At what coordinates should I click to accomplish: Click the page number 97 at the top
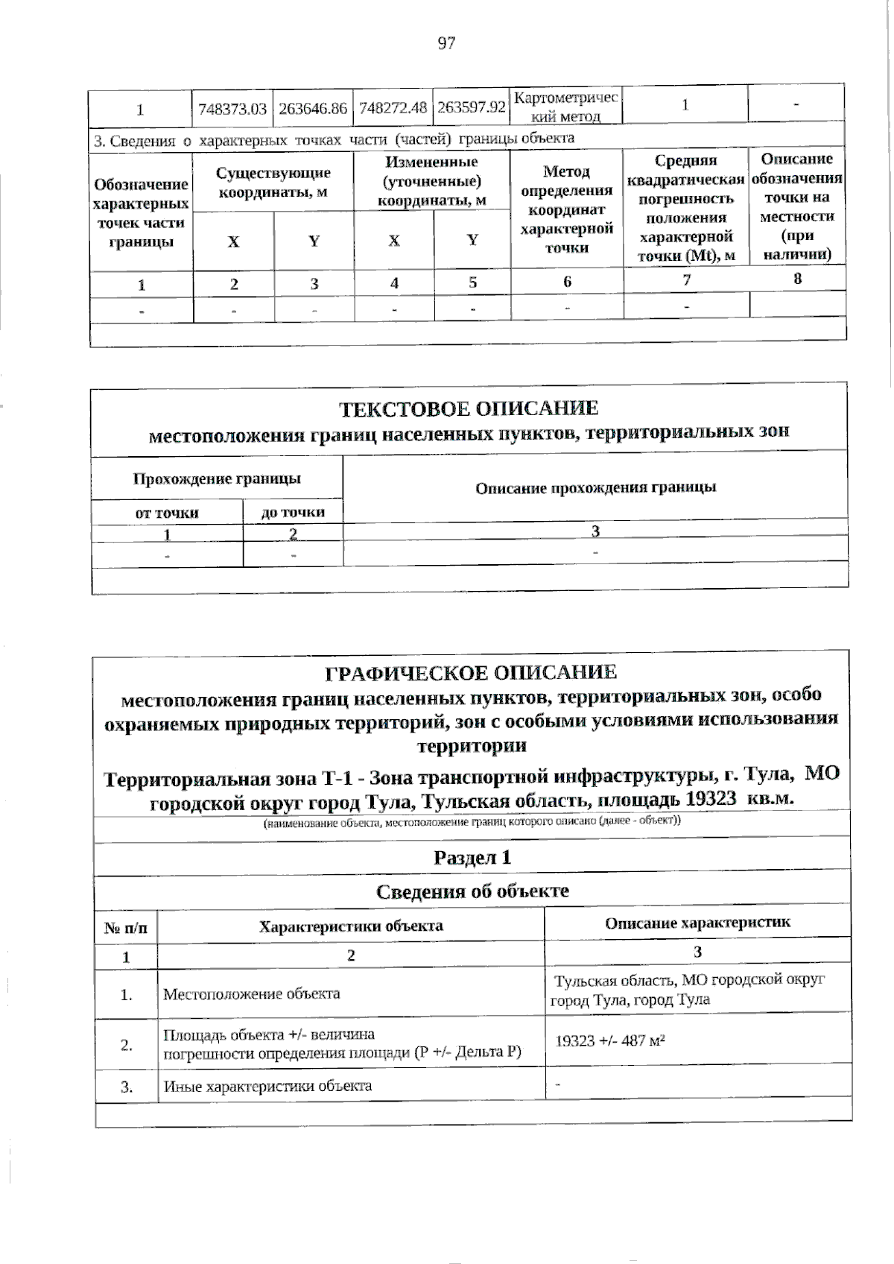pos(446,43)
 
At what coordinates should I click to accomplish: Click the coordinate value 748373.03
pos(232,109)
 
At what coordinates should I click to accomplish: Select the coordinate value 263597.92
pos(472,107)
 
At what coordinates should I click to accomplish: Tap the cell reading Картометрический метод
pos(566,107)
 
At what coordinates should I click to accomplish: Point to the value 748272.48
pos(393,108)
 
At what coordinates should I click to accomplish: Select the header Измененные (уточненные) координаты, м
pos(432,181)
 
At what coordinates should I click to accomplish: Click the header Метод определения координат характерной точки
pos(566,209)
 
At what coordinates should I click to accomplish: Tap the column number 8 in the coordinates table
pos(797,279)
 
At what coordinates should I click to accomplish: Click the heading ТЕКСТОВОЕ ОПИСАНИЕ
pos(469,408)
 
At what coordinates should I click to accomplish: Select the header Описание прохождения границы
pos(595,487)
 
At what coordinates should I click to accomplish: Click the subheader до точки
pos(293,512)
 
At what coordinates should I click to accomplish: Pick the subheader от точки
pos(167,513)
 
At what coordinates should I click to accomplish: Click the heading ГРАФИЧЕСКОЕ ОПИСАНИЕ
pos(471,672)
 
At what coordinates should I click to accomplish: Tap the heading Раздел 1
pos(472,857)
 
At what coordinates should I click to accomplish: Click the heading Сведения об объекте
pos(472,891)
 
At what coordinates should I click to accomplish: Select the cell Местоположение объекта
pos(252,993)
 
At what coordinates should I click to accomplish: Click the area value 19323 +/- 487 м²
pos(610,1040)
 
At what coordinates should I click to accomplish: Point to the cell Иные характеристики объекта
pos(267,1086)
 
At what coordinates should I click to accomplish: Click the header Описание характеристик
pos(697,923)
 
